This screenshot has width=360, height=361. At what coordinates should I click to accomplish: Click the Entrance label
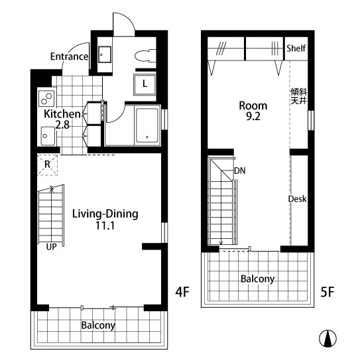(x=69, y=56)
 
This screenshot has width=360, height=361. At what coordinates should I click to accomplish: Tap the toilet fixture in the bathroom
(x=145, y=56)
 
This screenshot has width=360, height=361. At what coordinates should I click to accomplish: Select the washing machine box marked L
(x=145, y=84)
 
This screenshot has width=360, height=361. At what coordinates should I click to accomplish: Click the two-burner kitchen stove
(x=46, y=98)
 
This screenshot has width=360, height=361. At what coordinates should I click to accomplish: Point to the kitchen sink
(x=48, y=136)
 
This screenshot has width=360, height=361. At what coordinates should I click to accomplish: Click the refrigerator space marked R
(x=47, y=165)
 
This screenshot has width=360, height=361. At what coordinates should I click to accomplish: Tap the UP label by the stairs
(x=51, y=247)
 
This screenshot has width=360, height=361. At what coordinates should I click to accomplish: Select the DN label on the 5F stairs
(x=240, y=171)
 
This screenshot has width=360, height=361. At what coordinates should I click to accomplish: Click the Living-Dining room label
(x=105, y=214)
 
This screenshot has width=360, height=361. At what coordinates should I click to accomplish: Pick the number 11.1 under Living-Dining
(x=105, y=226)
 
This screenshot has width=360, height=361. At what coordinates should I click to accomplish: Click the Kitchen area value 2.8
(x=62, y=125)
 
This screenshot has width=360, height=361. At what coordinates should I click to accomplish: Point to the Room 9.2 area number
(x=253, y=117)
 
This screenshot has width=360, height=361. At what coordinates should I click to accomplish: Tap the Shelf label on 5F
(x=296, y=48)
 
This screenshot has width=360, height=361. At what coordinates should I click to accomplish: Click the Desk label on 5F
(x=298, y=199)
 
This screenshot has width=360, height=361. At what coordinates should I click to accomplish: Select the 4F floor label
(x=182, y=292)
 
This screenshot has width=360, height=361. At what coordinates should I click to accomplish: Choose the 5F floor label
(x=328, y=292)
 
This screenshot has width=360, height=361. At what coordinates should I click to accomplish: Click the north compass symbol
(x=328, y=338)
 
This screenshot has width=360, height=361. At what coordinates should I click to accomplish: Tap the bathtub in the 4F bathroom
(x=147, y=125)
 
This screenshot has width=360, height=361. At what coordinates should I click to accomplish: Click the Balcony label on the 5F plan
(x=258, y=279)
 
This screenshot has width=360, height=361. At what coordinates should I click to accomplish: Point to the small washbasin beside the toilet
(x=105, y=54)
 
